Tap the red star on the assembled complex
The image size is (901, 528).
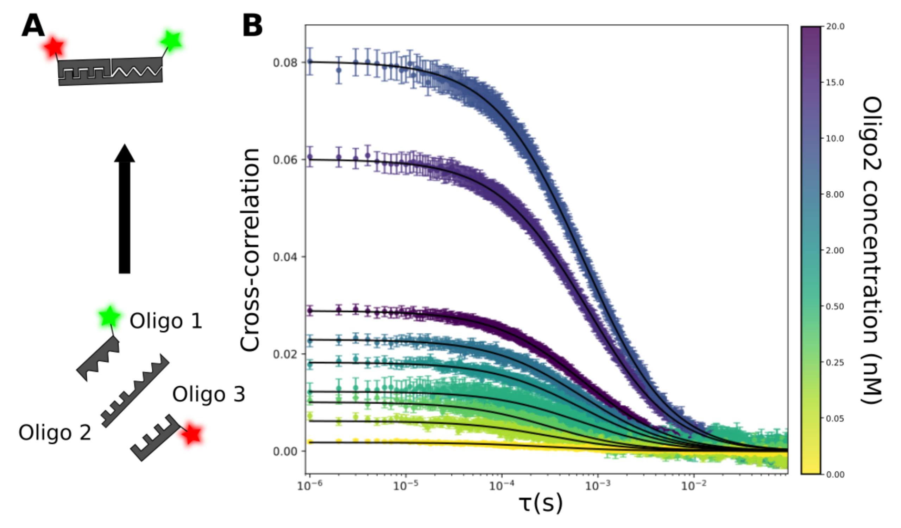pos(53,47)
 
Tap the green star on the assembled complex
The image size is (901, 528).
pos(171,41)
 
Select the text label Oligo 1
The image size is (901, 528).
pos(166,321)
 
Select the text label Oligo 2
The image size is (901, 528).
pos(55,433)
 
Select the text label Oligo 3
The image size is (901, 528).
pos(209,394)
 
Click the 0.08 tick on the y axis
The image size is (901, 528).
pos(285,63)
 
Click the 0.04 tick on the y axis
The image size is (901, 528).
pos(285,257)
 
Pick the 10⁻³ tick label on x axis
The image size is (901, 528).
pos(597,486)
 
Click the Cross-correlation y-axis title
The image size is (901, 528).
pos(250,250)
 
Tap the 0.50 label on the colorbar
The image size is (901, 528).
pos(835,307)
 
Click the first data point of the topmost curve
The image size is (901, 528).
pos(310,62)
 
